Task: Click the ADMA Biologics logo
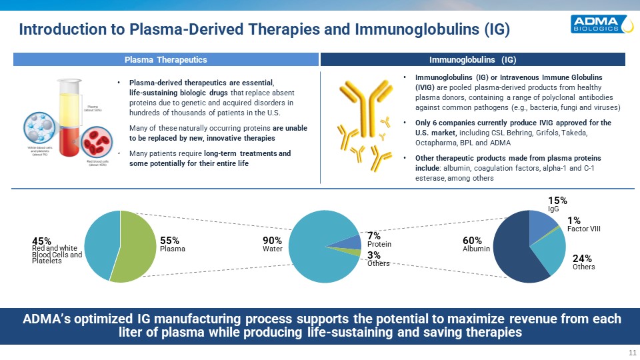coord(601,25)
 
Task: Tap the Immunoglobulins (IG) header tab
coord(473,60)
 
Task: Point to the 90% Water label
coord(273,244)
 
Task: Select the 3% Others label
coord(378,259)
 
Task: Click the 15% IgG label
coord(557,203)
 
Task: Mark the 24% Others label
coord(583,262)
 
